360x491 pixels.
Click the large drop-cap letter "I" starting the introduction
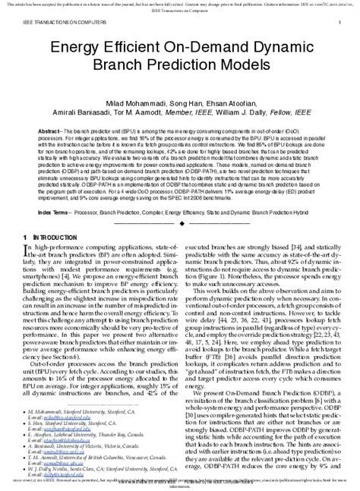click(27, 251)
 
